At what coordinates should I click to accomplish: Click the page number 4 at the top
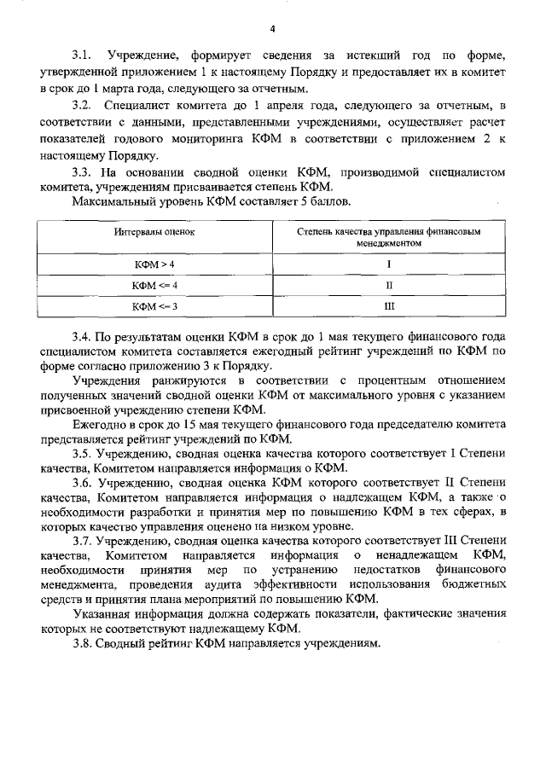(x=272, y=29)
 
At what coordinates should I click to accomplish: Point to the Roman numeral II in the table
(x=389, y=285)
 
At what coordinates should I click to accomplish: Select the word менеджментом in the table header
(x=389, y=242)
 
